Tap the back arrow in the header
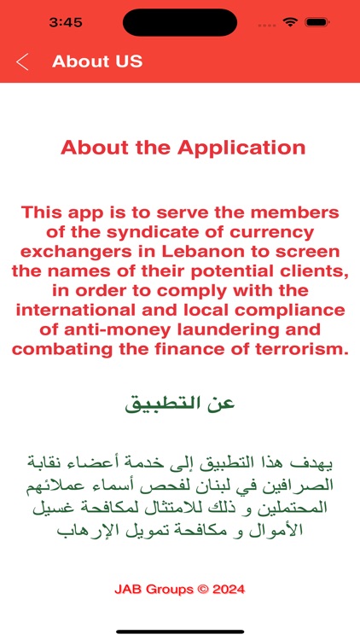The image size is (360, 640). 22,61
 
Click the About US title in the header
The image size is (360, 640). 97,61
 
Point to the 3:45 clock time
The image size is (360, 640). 65,22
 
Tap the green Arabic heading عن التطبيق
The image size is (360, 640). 180,403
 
